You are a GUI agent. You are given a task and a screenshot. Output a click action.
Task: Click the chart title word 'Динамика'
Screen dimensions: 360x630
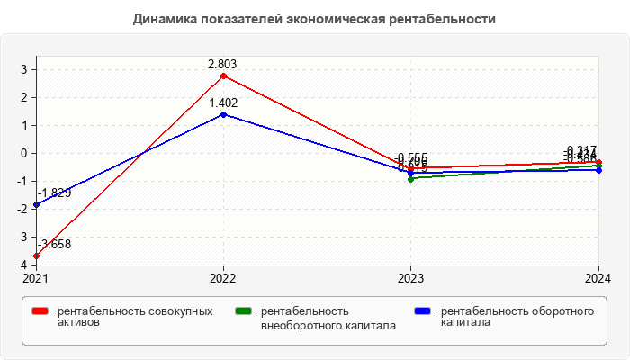click(x=162, y=18)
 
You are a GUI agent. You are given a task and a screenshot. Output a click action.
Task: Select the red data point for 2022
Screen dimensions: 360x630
click(x=223, y=75)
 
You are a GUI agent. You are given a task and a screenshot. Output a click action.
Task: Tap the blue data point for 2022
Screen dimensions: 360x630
click(x=223, y=114)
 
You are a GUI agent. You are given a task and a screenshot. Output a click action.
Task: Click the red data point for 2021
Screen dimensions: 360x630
click(x=36, y=256)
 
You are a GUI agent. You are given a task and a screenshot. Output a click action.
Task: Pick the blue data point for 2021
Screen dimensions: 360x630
click(x=36, y=204)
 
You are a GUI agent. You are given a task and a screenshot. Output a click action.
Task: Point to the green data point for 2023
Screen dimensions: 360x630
click(x=411, y=179)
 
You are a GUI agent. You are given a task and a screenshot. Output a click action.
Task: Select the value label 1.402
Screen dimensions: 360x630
click(x=223, y=103)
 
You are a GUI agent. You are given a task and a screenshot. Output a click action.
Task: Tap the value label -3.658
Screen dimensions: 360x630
click(x=53, y=244)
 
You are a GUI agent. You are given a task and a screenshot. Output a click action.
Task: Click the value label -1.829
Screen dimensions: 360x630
click(x=53, y=193)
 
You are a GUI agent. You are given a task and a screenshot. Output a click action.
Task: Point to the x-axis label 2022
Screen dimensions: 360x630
click(x=223, y=278)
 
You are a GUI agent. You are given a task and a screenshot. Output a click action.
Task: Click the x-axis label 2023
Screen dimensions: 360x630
click(x=411, y=278)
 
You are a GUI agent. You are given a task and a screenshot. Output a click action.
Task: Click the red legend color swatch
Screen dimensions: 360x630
click(x=40, y=311)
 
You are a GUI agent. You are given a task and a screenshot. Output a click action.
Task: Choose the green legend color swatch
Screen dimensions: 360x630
click(x=241, y=311)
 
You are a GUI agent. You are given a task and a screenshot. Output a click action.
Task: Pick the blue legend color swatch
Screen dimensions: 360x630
click(x=422, y=311)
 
